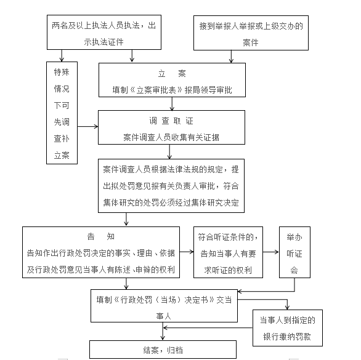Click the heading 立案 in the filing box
point(172,74)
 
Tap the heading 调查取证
point(171,121)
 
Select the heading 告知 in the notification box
point(101,236)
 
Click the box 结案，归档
point(163,350)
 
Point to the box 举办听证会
point(294,252)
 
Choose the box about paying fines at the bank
point(288,328)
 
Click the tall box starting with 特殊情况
point(62,113)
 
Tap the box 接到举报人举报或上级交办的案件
point(251,33)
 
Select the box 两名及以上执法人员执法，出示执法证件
point(104,32)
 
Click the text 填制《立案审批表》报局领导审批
point(172,90)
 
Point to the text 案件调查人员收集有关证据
point(171,138)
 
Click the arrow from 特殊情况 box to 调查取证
point(87,126)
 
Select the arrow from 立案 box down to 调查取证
point(172,104)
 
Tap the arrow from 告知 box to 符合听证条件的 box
point(187,252)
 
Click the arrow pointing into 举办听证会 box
point(271,252)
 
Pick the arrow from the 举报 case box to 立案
point(231,57)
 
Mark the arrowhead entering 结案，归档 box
point(163,338)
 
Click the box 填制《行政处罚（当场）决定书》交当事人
point(164,306)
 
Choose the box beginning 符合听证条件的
point(228,252)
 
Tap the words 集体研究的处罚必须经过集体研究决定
point(171,202)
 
